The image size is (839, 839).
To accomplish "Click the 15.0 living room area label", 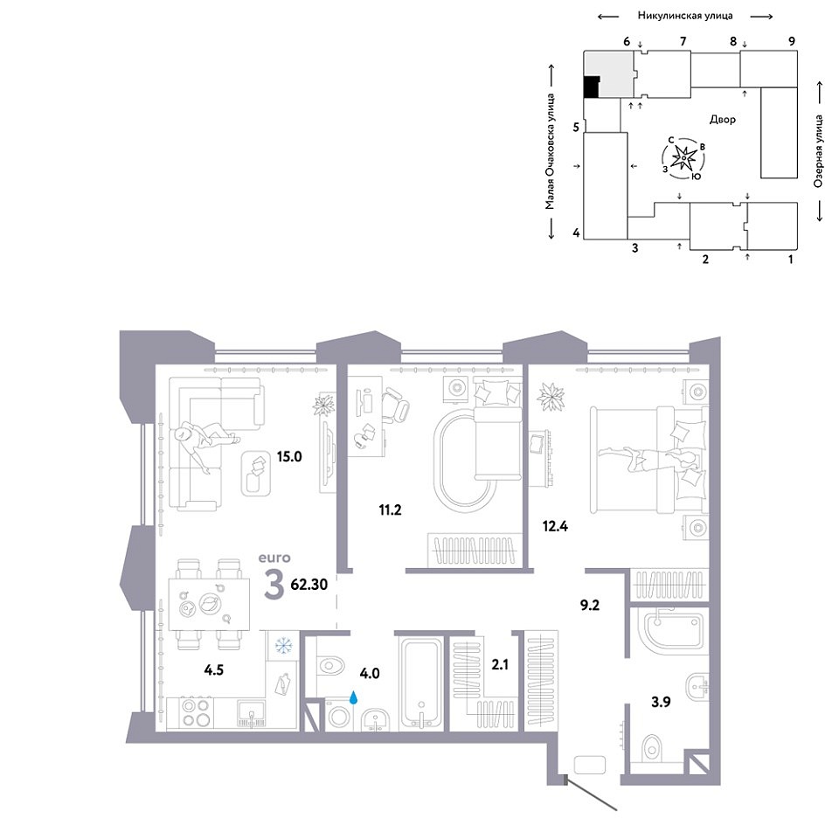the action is point(289,456).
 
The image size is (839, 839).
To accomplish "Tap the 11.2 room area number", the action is point(390,510).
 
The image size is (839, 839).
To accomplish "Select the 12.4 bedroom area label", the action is point(555,526).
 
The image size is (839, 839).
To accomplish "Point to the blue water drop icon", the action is point(354,697).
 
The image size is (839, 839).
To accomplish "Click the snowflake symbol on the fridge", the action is point(282,646).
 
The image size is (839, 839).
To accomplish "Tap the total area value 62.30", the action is point(309,585).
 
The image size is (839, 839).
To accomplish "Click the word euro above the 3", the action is point(274,558).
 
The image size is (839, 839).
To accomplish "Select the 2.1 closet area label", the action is point(500,664).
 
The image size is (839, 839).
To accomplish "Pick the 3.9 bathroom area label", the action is point(661,702).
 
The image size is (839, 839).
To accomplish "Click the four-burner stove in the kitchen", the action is point(195,713).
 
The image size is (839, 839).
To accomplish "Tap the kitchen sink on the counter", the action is point(251,714).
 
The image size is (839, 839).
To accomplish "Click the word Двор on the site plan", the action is point(723,120).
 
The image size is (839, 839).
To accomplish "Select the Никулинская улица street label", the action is point(685,16).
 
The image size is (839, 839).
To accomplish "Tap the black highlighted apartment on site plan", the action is point(591,87).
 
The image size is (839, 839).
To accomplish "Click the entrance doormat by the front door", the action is point(589,764).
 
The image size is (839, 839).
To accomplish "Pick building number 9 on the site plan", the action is point(792,41).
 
